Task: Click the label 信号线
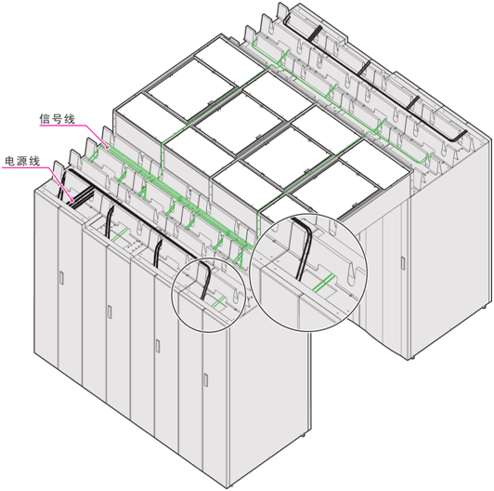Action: [x=57, y=119]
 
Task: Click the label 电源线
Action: [x=22, y=161]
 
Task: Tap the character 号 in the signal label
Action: [x=57, y=119]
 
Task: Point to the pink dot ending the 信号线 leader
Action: [x=108, y=147]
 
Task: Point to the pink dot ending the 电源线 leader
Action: [x=72, y=201]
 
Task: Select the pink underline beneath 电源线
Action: [x=25, y=167]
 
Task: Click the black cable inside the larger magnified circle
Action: [x=303, y=246]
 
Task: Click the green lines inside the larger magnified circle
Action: [x=323, y=282]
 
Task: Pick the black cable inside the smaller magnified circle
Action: [x=206, y=278]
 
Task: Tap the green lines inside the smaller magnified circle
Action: [x=218, y=301]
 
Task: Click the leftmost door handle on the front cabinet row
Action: [x=61, y=277]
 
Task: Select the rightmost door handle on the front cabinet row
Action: [x=206, y=379]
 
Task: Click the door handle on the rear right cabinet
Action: [x=403, y=263]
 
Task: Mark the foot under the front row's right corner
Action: [x=303, y=435]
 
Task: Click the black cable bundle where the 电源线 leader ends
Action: [x=81, y=197]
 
